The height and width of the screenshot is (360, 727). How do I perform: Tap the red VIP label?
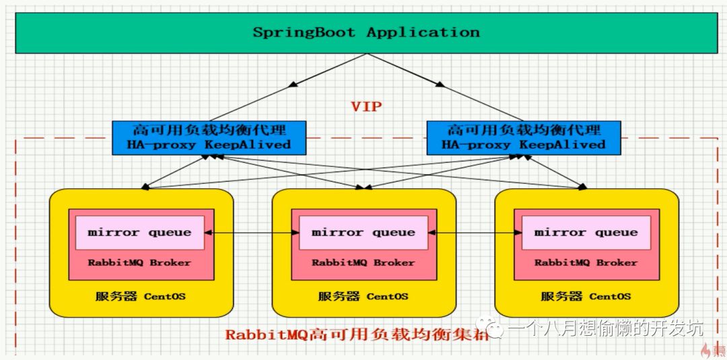(x=367, y=106)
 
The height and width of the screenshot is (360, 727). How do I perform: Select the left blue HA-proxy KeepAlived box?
(x=209, y=137)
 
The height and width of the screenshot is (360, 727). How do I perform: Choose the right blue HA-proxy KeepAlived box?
(x=524, y=137)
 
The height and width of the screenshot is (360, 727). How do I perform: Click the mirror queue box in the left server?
(x=139, y=232)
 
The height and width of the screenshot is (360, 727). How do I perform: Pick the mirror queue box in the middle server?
(x=363, y=232)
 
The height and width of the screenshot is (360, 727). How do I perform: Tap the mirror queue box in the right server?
(x=586, y=232)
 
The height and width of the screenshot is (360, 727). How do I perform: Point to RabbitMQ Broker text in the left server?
(x=139, y=262)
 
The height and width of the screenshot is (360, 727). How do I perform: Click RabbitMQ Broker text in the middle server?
(x=363, y=262)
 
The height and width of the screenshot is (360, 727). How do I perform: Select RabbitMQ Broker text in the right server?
(x=586, y=262)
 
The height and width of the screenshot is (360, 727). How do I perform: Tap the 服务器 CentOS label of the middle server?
(x=363, y=296)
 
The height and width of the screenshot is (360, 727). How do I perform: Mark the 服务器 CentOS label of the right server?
(x=586, y=296)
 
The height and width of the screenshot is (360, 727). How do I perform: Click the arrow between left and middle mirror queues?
(x=251, y=232)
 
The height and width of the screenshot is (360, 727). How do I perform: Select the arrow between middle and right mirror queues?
(x=475, y=232)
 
